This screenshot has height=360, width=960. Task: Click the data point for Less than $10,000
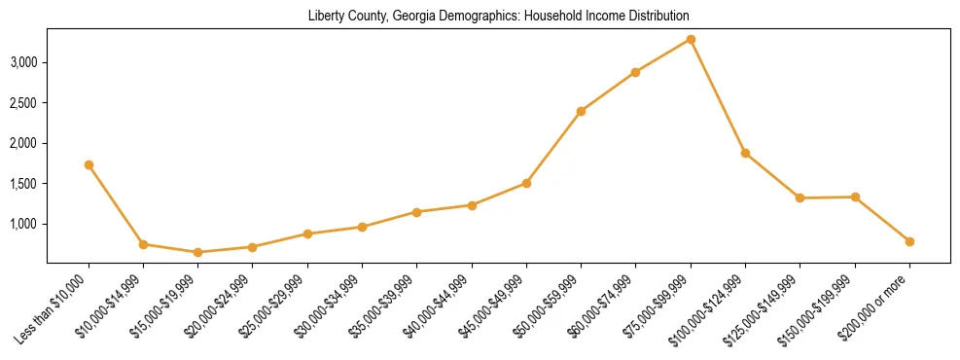coord(89,164)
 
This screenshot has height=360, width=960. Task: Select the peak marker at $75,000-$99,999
coord(691,39)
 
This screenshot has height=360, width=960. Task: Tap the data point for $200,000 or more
coord(909,241)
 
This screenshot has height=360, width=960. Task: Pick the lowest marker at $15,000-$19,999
coord(197,252)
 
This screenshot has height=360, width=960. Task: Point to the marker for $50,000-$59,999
coord(581,111)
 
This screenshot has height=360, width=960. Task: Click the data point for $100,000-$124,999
coord(745,153)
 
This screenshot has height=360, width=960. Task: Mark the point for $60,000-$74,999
coord(635,72)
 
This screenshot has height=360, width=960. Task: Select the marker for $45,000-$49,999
coord(526,183)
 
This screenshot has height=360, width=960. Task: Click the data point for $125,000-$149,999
coord(800,198)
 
